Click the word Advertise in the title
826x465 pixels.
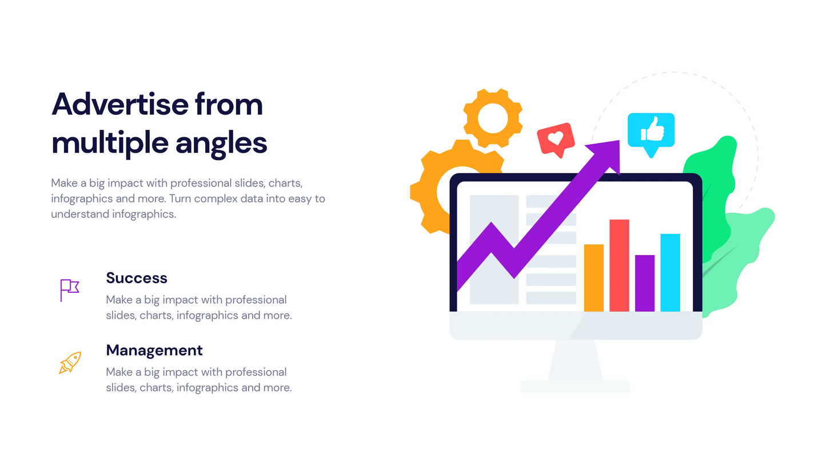pos(120,104)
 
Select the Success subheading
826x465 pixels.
pos(137,278)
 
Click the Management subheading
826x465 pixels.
pos(154,350)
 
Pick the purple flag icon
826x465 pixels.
pos(69,290)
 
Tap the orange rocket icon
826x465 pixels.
pos(70,363)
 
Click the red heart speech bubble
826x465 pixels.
pos(556,140)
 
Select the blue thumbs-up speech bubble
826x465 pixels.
pos(651,134)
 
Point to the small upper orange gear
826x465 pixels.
pos(493,118)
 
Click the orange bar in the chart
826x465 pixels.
pos(594,278)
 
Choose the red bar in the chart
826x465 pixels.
pos(619,265)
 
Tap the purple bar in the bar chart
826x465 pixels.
pos(645,283)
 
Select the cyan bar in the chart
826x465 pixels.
pos(670,272)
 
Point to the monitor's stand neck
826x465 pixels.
pos(575,360)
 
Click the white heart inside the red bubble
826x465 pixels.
pos(556,138)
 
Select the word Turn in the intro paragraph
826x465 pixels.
pos(180,198)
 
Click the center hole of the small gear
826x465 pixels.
pos(493,118)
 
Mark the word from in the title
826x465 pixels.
pos(229,104)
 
